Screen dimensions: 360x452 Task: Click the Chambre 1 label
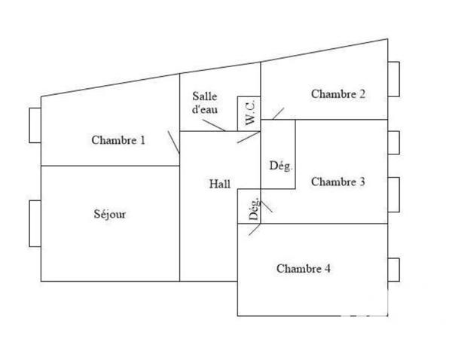coord(118,139)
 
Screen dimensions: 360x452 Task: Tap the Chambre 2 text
coord(338,94)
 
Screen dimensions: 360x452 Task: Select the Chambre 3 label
coord(338,182)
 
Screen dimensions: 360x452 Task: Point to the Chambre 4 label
coord(303,268)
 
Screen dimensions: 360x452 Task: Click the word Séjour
coord(109,214)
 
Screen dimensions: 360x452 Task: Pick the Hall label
coord(219,183)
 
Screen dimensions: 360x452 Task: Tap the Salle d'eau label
coord(205,102)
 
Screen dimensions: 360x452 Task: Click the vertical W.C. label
coord(250,113)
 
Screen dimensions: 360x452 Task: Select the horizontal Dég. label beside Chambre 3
coord(280,166)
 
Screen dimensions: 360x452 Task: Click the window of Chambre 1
coord(35,125)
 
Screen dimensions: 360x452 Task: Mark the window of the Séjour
coord(35,223)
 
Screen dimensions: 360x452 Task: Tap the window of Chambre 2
coord(393,79)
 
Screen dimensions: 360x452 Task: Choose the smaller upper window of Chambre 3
coord(393,142)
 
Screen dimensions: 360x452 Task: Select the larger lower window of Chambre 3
coord(393,195)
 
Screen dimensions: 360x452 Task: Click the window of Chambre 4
coord(393,270)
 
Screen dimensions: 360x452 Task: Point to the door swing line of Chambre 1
coord(174,143)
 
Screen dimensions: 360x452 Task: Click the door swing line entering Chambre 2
coord(277,114)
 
